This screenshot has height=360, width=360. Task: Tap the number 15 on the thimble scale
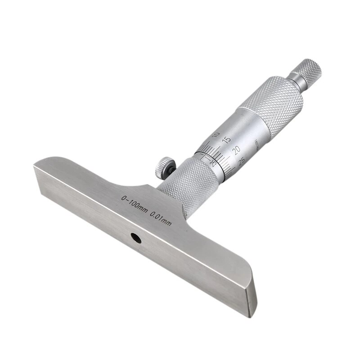[x=226, y=140]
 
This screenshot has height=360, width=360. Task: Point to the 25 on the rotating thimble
[x=241, y=161]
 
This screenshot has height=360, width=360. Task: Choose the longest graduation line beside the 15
[x=220, y=148]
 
